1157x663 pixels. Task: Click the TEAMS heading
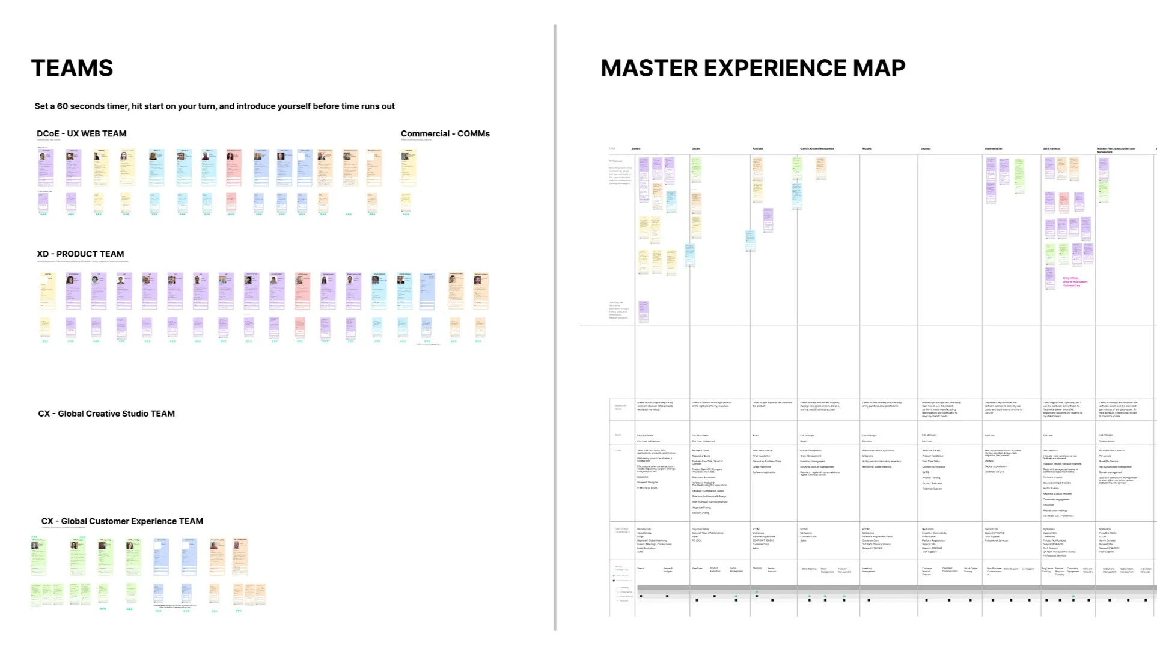72,69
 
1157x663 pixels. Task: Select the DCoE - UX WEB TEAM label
81,133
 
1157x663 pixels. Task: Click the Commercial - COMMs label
445,133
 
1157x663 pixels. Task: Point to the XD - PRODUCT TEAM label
80,254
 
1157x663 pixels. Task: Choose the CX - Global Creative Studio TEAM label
106,414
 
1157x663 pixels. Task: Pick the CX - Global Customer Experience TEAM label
122,521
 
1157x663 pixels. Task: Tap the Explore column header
636,148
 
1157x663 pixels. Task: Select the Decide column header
696,148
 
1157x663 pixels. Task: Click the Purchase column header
757,148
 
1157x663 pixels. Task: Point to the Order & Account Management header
817,148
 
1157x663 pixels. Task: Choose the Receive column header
867,148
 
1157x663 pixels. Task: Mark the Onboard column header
926,148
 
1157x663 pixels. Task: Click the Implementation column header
993,148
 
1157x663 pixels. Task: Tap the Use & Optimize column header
1051,148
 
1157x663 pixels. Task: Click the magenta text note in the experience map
1075,282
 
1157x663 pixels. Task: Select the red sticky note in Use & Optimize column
1064,202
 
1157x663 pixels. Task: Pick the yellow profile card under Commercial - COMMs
409,167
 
